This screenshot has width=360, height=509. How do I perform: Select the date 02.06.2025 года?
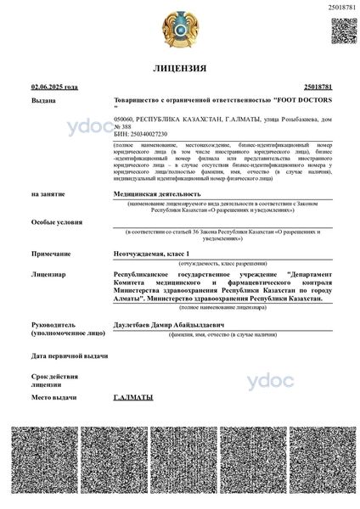[54, 87]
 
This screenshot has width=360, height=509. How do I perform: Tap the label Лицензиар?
[48, 275]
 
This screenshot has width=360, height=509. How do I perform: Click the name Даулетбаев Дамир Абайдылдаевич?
[172, 324]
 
